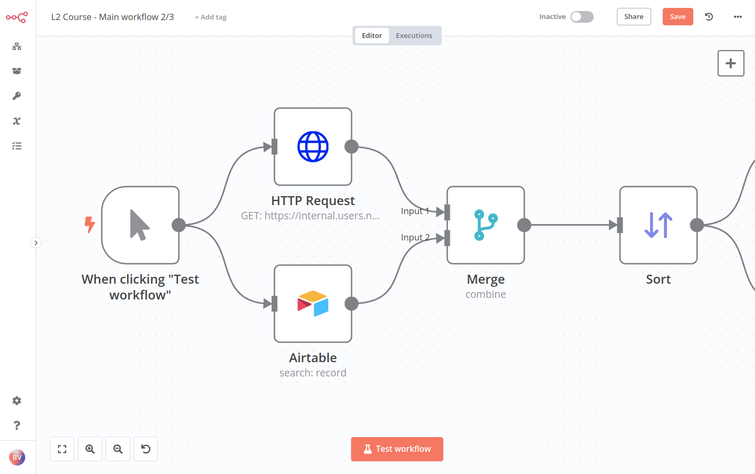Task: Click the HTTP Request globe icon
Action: pyautogui.click(x=313, y=147)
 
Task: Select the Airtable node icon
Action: pyautogui.click(x=313, y=304)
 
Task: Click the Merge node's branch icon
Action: pyautogui.click(x=486, y=225)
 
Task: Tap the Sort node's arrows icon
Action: pyautogui.click(x=658, y=225)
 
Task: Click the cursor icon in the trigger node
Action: pyautogui.click(x=140, y=225)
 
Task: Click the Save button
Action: pyautogui.click(x=677, y=17)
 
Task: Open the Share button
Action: pyautogui.click(x=634, y=17)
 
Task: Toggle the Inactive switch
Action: pyautogui.click(x=582, y=17)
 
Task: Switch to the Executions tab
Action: pyautogui.click(x=414, y=36)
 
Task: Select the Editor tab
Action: pyautogui.click(x=372, y=36)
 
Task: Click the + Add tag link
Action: pyautogui.click(x=211, y=17)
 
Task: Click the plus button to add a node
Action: pyautogui.click(x=731, y=63)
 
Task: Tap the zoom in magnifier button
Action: pyautogui.click(x=90, y=449)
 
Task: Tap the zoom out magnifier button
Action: pyautogui.click(x=118, y=449)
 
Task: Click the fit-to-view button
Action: pyautogui.click(x=62, y=449)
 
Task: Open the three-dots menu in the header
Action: pyautogui.click(x=738, y=17)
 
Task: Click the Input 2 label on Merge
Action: pyautogui.click(x=415, y=238)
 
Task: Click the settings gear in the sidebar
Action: pyautogui.click(x=17, y=401)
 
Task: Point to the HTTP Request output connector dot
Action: pyautogui.click(x=352, y=147)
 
